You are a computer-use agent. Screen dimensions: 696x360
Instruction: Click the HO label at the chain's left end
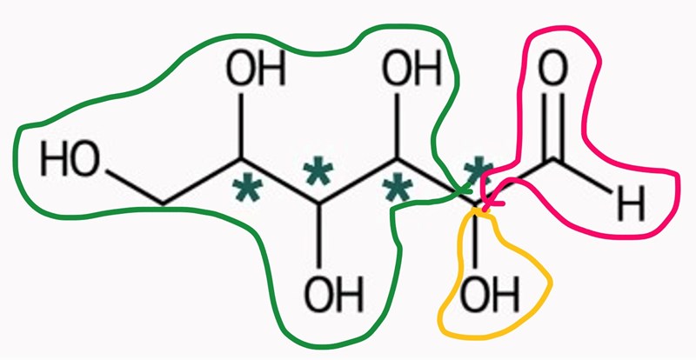coord(70,159)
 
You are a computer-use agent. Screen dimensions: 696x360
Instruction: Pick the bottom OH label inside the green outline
coord(334,294)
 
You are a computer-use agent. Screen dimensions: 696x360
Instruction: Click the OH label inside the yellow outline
coord(490,294)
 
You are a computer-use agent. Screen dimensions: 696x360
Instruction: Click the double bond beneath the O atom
coord(553,125)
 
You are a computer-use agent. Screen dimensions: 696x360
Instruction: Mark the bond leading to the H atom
coord(582,175)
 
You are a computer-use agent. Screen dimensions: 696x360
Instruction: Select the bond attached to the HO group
coord(135,187)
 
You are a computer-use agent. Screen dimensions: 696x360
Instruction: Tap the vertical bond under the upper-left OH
coord(241,125)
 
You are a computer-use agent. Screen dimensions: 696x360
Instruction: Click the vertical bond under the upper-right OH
coord(397,125)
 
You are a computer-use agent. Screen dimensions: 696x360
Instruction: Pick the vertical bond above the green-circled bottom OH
coord(318,236)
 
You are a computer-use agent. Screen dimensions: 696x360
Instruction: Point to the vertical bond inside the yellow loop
coord(475,237)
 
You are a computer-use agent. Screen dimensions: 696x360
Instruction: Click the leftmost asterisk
coord(247,190)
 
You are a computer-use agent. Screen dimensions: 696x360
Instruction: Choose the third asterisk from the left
coord(397,190)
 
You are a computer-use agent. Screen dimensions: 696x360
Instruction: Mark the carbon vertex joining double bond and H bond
coord(553,158)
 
